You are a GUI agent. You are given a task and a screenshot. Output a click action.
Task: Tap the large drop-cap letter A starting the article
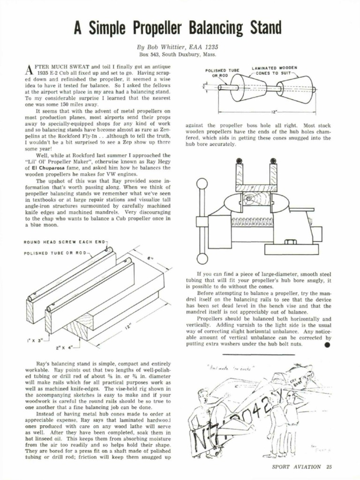(27, 69)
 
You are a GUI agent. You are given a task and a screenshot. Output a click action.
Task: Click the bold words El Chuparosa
(42, 167)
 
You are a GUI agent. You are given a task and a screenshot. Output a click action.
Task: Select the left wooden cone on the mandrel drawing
(248, 88)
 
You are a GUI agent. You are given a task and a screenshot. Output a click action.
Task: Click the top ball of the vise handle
(202, 183)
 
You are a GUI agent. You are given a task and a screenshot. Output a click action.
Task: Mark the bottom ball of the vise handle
(202, 258)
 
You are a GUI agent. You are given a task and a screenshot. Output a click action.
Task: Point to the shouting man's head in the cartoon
(202, 395)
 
